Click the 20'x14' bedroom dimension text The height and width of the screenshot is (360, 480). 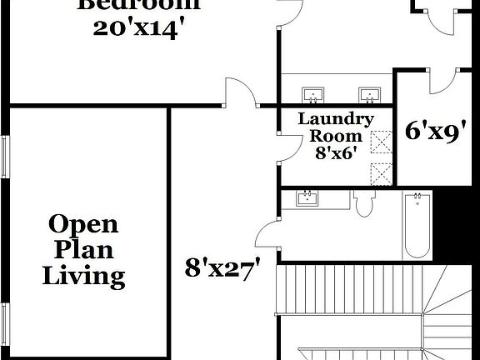pyautogui.click(x=138, y=27)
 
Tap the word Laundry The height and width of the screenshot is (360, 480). pyautogui.click(x=336, y=120)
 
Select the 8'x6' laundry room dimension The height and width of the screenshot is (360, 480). pyautogui.click(x=336, y=152)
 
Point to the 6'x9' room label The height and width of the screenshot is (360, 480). pyautogui.click(x=434, y=131)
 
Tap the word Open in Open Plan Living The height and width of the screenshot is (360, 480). pyautogui.click(x=83, y=223)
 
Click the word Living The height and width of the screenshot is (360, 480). pyautogui.click(x=83, y=276)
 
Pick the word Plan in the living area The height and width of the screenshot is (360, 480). pyautogui.click(x=83, y=249)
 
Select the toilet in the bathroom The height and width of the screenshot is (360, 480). pyautogui.click(x=364, y=204)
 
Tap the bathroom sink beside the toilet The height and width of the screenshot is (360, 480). pyautogui.click(x=307, y=198)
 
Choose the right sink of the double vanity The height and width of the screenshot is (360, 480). pyautogui.click(x=367, y=92)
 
